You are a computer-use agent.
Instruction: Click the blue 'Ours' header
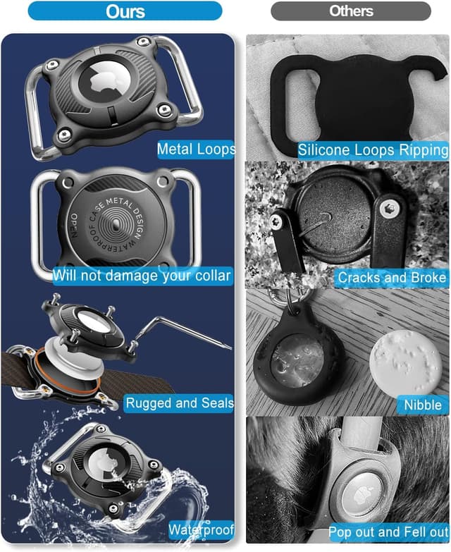(125, 11)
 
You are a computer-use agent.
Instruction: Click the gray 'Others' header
(351, 11)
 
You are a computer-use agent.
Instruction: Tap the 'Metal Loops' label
(196, 149)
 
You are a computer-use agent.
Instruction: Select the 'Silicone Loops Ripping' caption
(373, 150)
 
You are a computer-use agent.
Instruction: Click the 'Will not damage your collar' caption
(142, 276)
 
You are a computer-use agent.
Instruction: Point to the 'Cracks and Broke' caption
(392, 277)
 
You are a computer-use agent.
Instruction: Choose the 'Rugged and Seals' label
(179, 403)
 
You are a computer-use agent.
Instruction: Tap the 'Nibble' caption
(423, 405)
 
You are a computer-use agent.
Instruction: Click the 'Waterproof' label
(202, 530)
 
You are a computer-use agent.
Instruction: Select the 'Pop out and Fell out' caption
(388, 532)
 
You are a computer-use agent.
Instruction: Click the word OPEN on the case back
(74, 226)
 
